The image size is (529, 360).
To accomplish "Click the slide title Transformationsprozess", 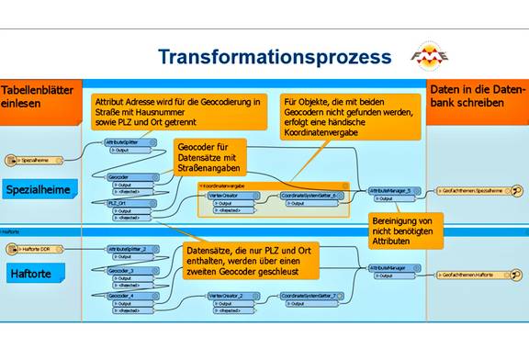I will pos(274,56).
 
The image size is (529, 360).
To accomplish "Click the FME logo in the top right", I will pos(430,55).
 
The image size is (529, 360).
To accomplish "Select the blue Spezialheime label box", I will pos(39,188).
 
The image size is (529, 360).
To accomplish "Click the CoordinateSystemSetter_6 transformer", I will pos(310,195).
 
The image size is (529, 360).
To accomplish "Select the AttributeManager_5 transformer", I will pos(393,190).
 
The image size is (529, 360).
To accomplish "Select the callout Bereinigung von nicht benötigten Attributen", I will pos(404,235).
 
